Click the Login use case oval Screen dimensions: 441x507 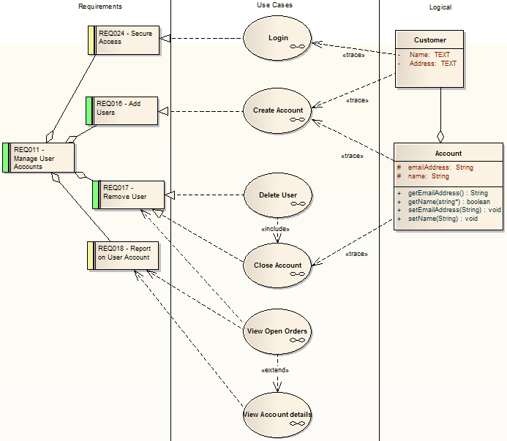tap(278, 38)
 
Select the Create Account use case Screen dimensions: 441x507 tap(278, 110)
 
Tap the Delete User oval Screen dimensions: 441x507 tap(278, 195)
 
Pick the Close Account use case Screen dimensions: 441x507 tap(278, 265)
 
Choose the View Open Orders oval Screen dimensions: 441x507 tap(277, 331)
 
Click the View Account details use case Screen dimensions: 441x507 tap(277, 415)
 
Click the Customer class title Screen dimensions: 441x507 tap(429, 40)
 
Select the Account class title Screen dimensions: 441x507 tap(448, 154)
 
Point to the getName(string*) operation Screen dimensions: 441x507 tap(448, 201)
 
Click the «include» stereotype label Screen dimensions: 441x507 tap(275, 229)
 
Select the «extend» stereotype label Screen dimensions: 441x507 tap(275, 369)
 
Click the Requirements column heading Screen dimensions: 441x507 tap(100, 7)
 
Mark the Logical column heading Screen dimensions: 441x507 tap(440, 7)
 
